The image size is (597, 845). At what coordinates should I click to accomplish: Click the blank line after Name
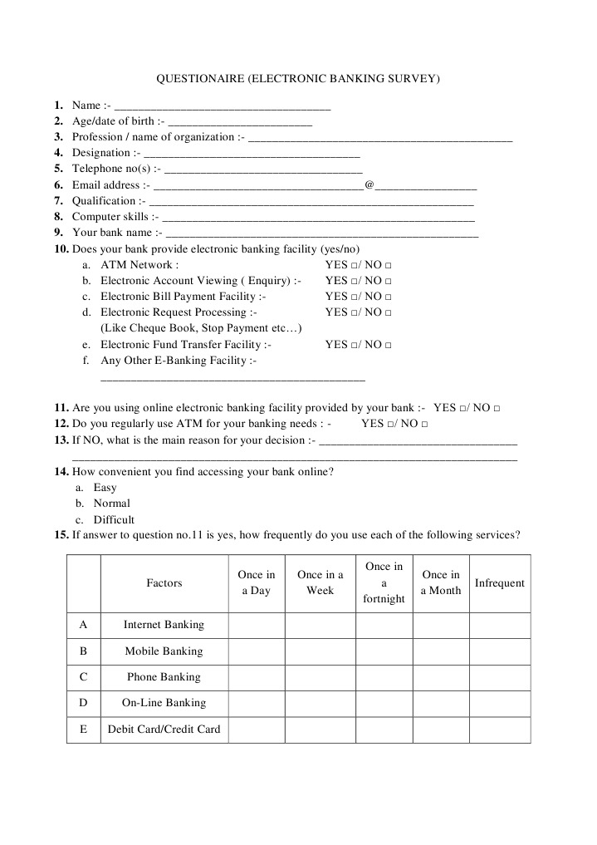222,106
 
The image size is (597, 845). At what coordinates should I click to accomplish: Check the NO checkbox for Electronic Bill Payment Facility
389,297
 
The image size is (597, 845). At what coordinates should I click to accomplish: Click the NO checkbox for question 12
424,425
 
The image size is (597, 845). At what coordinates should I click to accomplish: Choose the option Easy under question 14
105,488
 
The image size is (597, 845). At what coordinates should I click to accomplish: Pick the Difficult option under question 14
114,519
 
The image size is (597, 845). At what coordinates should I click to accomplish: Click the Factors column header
164,583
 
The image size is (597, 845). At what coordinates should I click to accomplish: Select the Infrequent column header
499,583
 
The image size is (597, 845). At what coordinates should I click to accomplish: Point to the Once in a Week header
320,582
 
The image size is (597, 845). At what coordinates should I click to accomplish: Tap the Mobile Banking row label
164,651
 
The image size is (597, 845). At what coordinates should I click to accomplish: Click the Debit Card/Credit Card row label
164,729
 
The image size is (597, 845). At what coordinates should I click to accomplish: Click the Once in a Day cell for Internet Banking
256,625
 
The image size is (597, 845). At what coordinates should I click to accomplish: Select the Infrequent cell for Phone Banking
499,677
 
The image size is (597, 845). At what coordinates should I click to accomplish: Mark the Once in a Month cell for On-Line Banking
440,703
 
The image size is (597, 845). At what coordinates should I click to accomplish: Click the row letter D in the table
83,703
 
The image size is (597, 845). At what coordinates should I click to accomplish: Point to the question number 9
58,233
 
